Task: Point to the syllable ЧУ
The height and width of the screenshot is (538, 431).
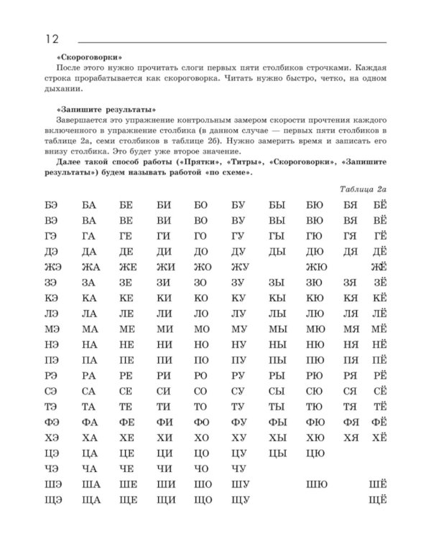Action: [x=238, y=469]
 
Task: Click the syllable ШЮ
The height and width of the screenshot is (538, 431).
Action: [x=315, y=485]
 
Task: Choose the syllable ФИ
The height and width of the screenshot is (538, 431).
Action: [x=164, y=422]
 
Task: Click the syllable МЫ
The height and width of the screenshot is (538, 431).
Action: [x=277, y=330]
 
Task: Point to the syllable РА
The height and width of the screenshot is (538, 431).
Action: [x=89, y=375]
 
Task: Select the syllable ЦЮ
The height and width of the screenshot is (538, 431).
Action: [x=315, y=453]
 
